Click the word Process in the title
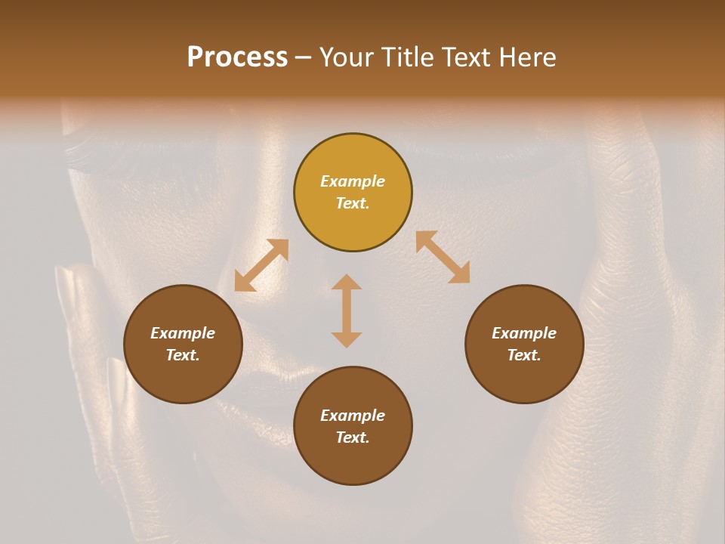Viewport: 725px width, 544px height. (x=237, y=57)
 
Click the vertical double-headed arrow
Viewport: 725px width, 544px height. (x=347, y=311)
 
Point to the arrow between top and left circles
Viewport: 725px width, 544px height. (x=261, y=265)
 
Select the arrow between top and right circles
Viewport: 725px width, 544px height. (x=443, y=258)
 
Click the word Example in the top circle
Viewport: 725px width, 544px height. (x=353, y=181)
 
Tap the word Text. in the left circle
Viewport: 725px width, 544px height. (x=183, y=355)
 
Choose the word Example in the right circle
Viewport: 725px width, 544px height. (x=524, y=333)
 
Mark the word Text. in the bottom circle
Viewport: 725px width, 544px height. (x=353, y=437)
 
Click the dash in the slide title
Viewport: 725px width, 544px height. (x=303, y=57)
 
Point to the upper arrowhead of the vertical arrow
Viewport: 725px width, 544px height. (x=347, y=283)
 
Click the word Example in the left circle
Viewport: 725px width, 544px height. (x=183, y=333)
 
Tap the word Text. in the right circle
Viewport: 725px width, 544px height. (x=524, y=355)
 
